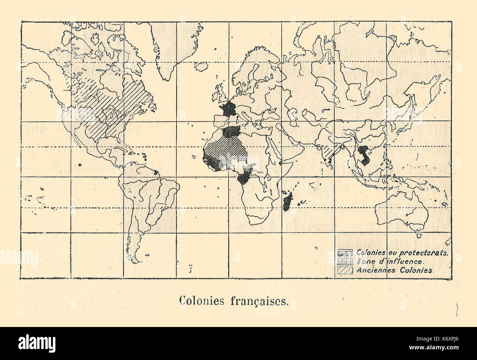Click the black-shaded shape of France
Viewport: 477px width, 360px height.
pos(230,109)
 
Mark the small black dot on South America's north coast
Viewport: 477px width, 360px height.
pos(156,172)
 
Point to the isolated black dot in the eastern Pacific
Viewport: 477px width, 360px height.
pos(80,165)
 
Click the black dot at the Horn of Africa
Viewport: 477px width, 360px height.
pos(280,162)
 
